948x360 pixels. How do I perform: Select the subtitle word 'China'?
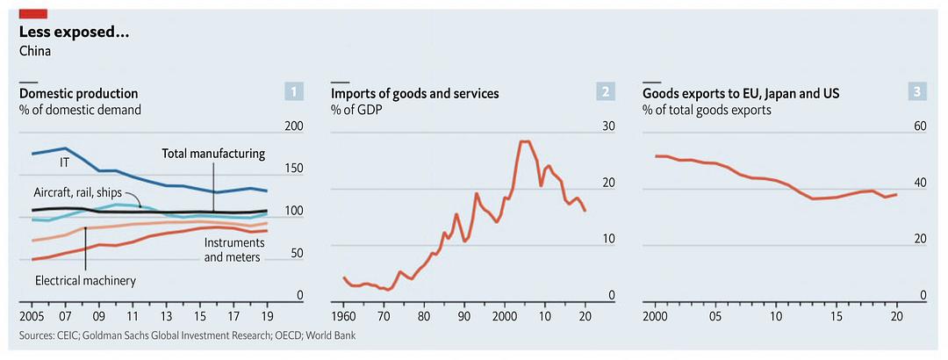35,51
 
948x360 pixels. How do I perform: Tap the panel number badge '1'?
294,90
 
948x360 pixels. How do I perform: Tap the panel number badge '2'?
605,90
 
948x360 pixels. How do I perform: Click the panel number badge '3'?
916,90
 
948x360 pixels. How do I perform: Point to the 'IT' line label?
64,162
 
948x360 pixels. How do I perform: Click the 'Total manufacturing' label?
213,154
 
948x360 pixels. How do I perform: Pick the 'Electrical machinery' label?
85,281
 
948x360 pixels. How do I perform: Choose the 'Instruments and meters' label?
232,249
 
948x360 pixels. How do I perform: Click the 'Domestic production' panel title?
79,93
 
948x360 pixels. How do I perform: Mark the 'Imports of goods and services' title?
415,93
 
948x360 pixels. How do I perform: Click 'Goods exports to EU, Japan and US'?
741,93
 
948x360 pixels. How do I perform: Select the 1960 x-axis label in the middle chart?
343,316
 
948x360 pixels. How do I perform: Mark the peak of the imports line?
525,141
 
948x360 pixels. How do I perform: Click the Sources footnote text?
187,335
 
